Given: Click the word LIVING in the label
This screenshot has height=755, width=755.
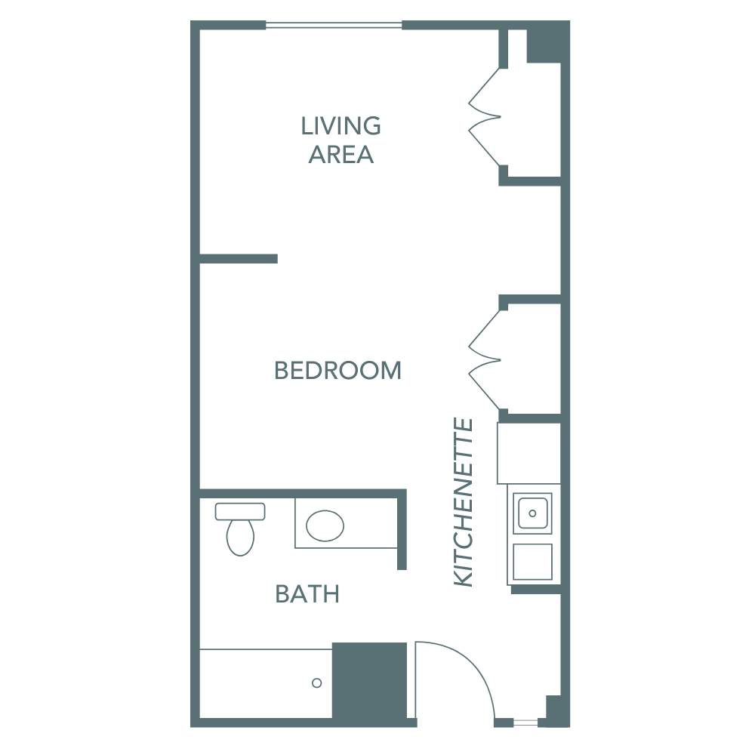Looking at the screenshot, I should [x=341, y=125].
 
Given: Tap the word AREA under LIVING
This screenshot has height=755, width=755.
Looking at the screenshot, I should [x=341, y=154].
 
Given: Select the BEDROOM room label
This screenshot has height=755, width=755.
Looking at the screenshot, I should [x=337, y=371].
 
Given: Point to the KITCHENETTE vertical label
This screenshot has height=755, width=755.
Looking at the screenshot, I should [x=464, y=502].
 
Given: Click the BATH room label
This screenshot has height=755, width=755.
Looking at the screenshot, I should [x=307, y=594].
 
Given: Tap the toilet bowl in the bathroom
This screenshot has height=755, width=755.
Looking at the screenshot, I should [x=240, y=538].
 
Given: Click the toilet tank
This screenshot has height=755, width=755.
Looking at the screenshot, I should [x=240, y=511].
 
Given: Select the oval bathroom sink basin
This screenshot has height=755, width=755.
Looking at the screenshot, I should [x=325, y=525].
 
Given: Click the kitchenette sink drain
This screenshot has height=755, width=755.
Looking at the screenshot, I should [x=532, y=513].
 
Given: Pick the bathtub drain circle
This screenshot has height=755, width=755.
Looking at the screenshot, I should [x=317, y=683].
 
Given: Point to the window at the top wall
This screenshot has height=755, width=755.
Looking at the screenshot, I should [x=334, y=26].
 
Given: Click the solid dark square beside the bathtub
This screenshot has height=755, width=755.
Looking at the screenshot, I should [x=370, y=679].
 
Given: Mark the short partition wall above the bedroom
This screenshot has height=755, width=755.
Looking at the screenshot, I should [x=239, y=259].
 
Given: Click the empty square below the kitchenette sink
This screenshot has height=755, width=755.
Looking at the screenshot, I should [x=532, y=561].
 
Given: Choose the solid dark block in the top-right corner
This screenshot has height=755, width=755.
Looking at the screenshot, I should [x=545, y=42].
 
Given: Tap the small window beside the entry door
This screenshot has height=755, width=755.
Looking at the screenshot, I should [x=525, y=723].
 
